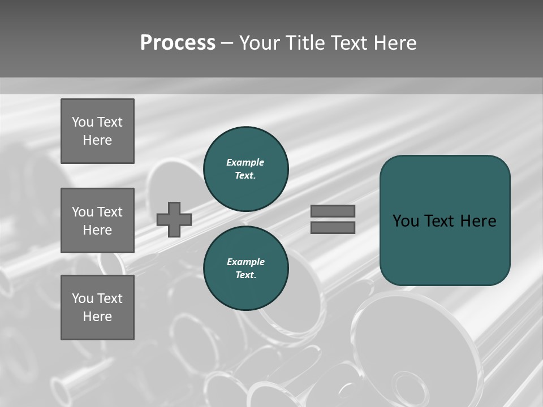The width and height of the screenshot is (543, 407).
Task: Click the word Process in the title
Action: click(x=178, y=43)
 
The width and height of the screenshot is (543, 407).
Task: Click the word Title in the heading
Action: click(x=304, y=43)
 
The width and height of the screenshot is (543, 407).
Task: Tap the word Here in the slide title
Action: click(x=394, y=43)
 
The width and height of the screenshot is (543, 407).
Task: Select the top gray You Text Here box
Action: click(x=97, y=131)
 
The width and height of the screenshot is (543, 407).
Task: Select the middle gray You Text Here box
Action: click(x=97, y=220)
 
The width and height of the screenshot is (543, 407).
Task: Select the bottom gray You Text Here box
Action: click(x=97, y=308)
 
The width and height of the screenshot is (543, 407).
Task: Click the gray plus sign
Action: click(x=174, y=219)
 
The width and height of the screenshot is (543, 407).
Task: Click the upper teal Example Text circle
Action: click(x=246, y=169)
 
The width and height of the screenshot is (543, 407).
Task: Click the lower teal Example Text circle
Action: click(x=246, y=269)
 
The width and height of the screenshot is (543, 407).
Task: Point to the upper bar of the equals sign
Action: click(x=333, y=211)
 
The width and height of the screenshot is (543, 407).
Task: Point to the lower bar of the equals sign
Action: click(x=333, y=227)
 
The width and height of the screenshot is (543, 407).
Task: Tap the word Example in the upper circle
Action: click(x=245, y=162)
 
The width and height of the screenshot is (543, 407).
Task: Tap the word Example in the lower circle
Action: click(x=245, y=262)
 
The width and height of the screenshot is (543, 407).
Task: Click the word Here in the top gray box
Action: click(x=97, y=140)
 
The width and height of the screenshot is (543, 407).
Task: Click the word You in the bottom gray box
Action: click(x=83, y=298)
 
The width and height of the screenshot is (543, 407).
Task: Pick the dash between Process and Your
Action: click(x=227, y=43)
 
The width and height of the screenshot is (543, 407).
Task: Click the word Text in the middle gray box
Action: click(x=109, y=212)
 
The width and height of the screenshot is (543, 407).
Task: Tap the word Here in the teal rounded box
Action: click(x=478, y=221)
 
